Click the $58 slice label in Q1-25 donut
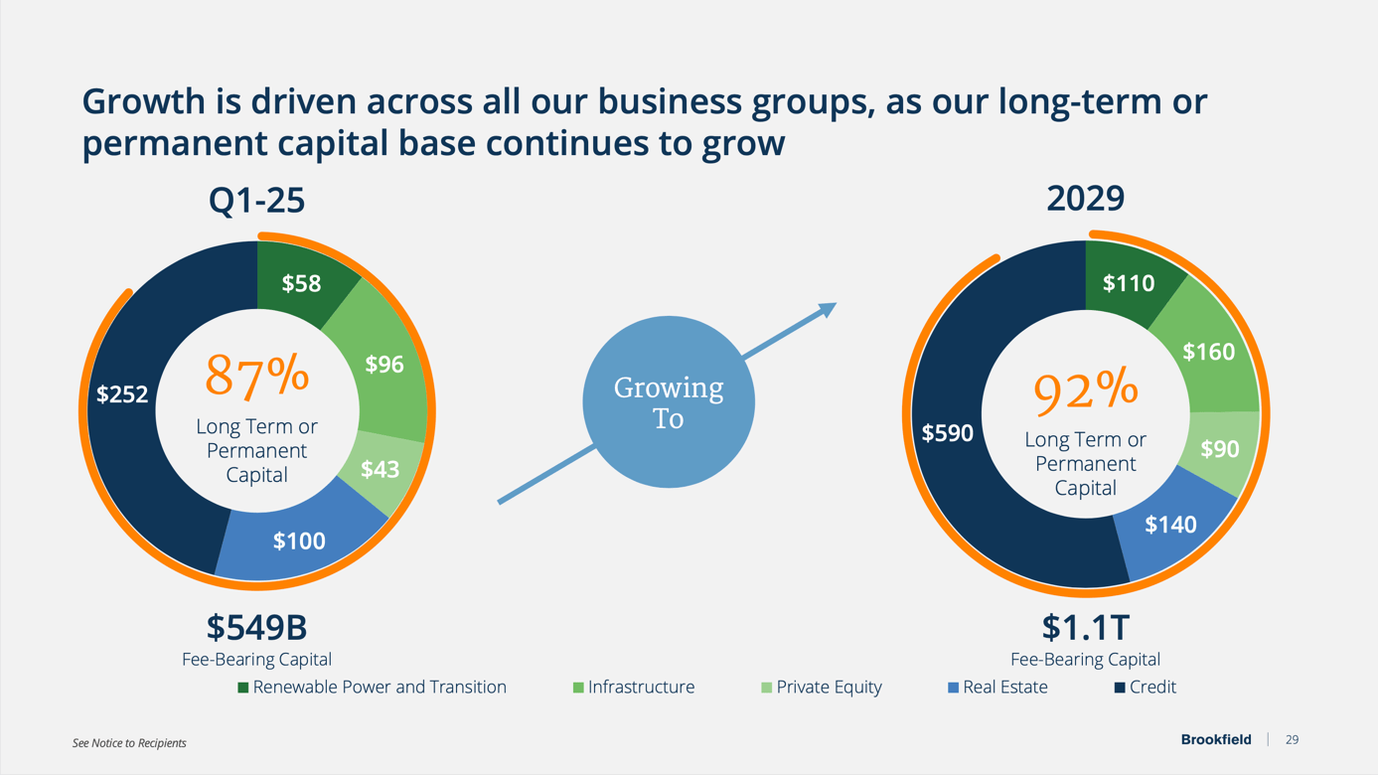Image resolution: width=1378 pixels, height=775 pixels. click(x=301, y=284)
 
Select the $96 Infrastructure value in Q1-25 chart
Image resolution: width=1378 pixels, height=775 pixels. click(x=384, y=365)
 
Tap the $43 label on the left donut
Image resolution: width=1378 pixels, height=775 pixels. click(x=380, y=469)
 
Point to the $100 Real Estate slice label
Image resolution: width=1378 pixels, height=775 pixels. click(x=299, y=541)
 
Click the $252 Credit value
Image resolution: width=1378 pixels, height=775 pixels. click(x=122, y=394)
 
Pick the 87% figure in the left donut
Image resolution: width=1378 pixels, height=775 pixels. click(x=257, y=376)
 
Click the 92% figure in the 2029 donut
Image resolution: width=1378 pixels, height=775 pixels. click(x=1085, y=389)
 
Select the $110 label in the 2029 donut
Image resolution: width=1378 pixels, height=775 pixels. click(x=1129, y=284)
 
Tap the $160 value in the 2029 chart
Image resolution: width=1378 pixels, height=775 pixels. click(x=1208, y=352)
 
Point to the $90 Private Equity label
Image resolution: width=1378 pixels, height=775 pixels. click(x=1219, y=449)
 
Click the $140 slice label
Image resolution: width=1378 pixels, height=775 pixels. click(x=1170, y=525)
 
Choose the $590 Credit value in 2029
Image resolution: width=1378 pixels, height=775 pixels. click(x=948, y=433)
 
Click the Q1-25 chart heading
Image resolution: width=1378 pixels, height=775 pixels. click(x=256, y=200)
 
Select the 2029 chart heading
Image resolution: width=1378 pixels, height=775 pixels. click(x=1085, y=198)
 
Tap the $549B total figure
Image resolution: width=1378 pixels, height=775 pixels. click(x=256, y=627)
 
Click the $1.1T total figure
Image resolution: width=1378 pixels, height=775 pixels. click(x=1085, y=627)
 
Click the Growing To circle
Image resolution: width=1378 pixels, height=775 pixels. click(x=669, y=402)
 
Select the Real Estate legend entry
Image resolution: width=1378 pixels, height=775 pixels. click(x=997, y=687)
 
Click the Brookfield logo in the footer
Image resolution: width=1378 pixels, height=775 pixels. click(x=1216, y=739)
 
